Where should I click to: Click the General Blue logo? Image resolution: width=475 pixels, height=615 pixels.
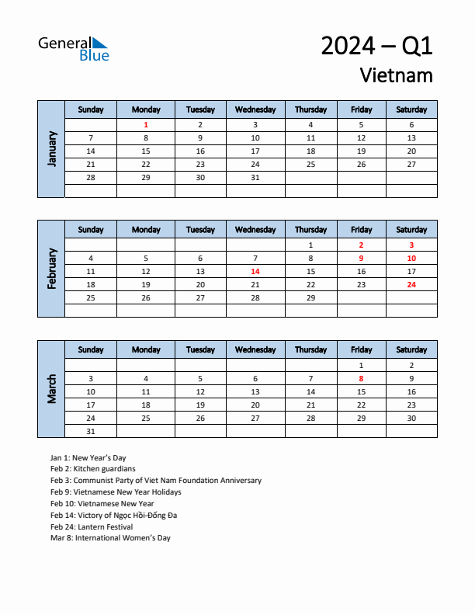(x=74, y=48)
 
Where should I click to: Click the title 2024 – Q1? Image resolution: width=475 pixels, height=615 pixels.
(x=376, y=47)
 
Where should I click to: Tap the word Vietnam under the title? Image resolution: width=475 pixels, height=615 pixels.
(x=396, y=75)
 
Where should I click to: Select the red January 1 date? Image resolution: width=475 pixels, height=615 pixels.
(x=146, y=125)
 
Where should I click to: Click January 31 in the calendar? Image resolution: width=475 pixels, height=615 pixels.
(x=255, y=178)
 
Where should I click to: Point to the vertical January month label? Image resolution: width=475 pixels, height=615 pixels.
(x=52, y=148)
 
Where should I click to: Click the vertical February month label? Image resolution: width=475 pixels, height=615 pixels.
(x=52, y=269)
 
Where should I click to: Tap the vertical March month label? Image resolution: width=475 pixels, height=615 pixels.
(x=52, y=389)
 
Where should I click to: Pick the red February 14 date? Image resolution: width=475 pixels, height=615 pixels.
(x=255, y=272)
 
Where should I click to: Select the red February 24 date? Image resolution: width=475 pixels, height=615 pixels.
(x=411, y=285)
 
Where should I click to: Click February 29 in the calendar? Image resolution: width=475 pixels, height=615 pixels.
(x=310, y=298)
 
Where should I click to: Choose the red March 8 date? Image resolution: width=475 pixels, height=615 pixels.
(x=361, y=379)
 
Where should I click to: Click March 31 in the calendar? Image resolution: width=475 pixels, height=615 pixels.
(x=91, y=431)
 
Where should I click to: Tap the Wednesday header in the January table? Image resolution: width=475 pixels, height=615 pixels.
(x=255, y=109)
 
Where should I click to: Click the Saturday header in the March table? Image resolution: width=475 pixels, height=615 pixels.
(x=411, y=349)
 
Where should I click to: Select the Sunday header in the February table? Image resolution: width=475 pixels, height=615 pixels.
(x=91, y=230)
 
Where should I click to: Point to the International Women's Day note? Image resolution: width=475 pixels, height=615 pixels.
(x=110, y=538)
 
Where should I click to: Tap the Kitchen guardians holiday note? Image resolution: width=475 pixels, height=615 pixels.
(x=92, y=469)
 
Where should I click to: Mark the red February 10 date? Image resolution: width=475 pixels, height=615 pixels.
(x=411, y=259)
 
